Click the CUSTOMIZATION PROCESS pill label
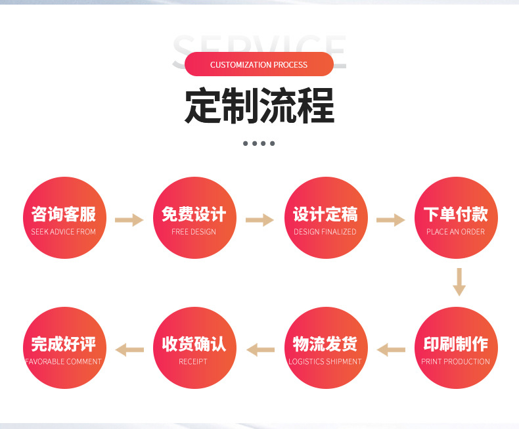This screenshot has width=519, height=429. pos(259,64)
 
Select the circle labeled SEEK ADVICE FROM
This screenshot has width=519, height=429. pos(64,218)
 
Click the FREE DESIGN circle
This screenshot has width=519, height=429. pos(194,218)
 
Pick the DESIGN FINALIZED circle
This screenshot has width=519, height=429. pos(325,218)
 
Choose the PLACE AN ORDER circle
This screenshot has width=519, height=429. pos(455,218)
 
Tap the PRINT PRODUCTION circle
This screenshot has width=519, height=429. pos(455,348)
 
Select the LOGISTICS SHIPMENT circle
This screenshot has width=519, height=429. pos(325,348)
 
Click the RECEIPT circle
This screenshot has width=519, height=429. pos(194,348)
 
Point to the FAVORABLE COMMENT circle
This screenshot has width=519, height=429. pos(64,348)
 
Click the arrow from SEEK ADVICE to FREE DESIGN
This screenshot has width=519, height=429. pos(129,220)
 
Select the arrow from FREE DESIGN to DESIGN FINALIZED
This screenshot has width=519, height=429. pos(259,220)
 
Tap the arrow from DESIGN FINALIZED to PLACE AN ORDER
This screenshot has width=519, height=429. pos(390,220)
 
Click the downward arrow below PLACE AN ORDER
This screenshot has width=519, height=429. pos(459,282)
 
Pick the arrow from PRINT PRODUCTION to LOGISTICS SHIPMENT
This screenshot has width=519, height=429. pos(391,350)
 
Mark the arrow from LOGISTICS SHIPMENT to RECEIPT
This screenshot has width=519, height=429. pos(260,350)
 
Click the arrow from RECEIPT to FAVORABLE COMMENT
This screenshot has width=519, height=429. pos(129,350)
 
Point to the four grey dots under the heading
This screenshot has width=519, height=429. pos(259,143)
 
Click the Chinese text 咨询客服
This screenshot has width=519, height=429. pos(64,214)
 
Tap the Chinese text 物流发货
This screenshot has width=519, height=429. pos(325,344)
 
